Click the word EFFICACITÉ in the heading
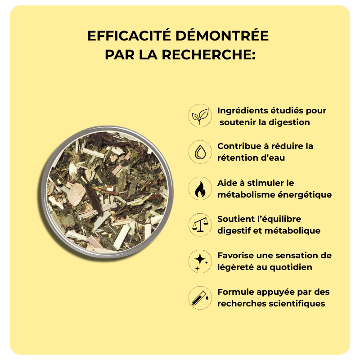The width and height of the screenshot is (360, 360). coord(129,36)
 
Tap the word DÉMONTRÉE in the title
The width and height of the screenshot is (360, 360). coord(222,36)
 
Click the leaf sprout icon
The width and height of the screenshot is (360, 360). coord(200,116)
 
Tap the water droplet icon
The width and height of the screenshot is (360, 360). coord(200,152)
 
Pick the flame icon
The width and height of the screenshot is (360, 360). coord(200,189)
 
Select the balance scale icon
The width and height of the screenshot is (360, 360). coord(200,225)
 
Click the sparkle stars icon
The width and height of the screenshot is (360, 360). coord(200,261)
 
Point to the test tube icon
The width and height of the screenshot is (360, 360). coord(200,298)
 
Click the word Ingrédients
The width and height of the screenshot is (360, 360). coord(243,111)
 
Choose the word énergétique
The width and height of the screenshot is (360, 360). coord(305,195)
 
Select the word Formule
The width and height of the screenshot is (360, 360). coord(235,292)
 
